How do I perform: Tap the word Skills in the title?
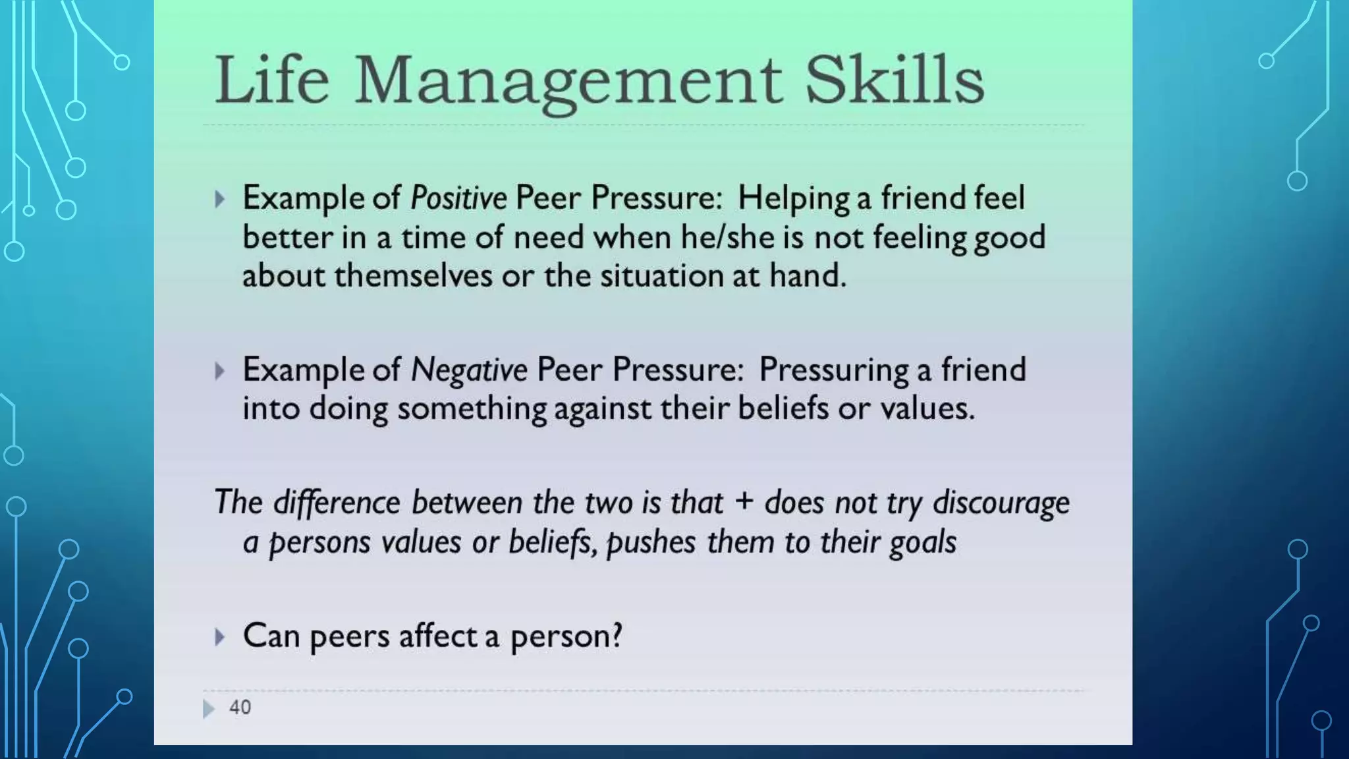[x=895, y=80]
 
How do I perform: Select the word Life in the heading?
[x=271, y=80]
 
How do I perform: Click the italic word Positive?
[x=458, y=198]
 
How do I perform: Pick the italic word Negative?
[x=469, y=370]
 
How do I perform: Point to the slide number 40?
[x=240, y=708]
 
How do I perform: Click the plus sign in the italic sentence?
[x=744, y=501]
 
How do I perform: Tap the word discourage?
[x=1001, y=503]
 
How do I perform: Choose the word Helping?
[x=794, y=198]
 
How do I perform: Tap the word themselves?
[x=413, y=275]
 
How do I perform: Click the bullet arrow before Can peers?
[x=220, y=637]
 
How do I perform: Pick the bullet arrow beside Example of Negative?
[x=220, y=371]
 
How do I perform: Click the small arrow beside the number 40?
[x=209, y=708]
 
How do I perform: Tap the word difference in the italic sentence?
[x=337, y=503]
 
